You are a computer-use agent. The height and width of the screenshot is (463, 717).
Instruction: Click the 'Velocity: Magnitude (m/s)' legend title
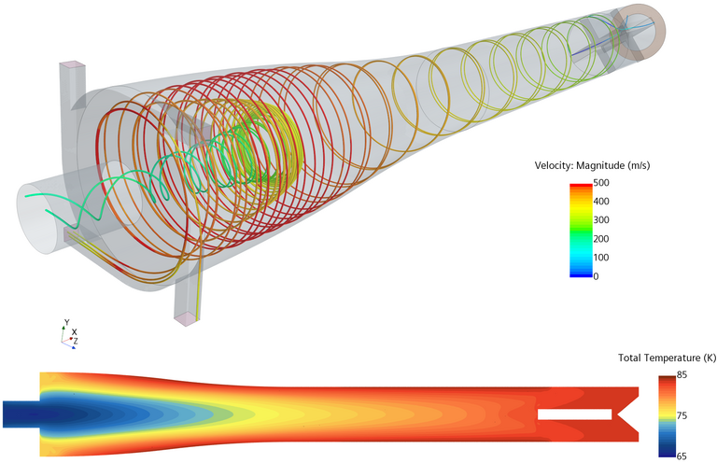[x=592, y=165]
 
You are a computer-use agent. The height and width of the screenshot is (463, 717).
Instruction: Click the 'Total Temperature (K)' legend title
[x=664, y=358]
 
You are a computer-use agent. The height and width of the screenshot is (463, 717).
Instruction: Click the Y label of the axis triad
[x=66, y=322]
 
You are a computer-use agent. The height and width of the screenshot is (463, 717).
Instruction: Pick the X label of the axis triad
[x=75, y=331]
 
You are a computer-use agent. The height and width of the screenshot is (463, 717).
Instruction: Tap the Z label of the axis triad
[x=75, y=342]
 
